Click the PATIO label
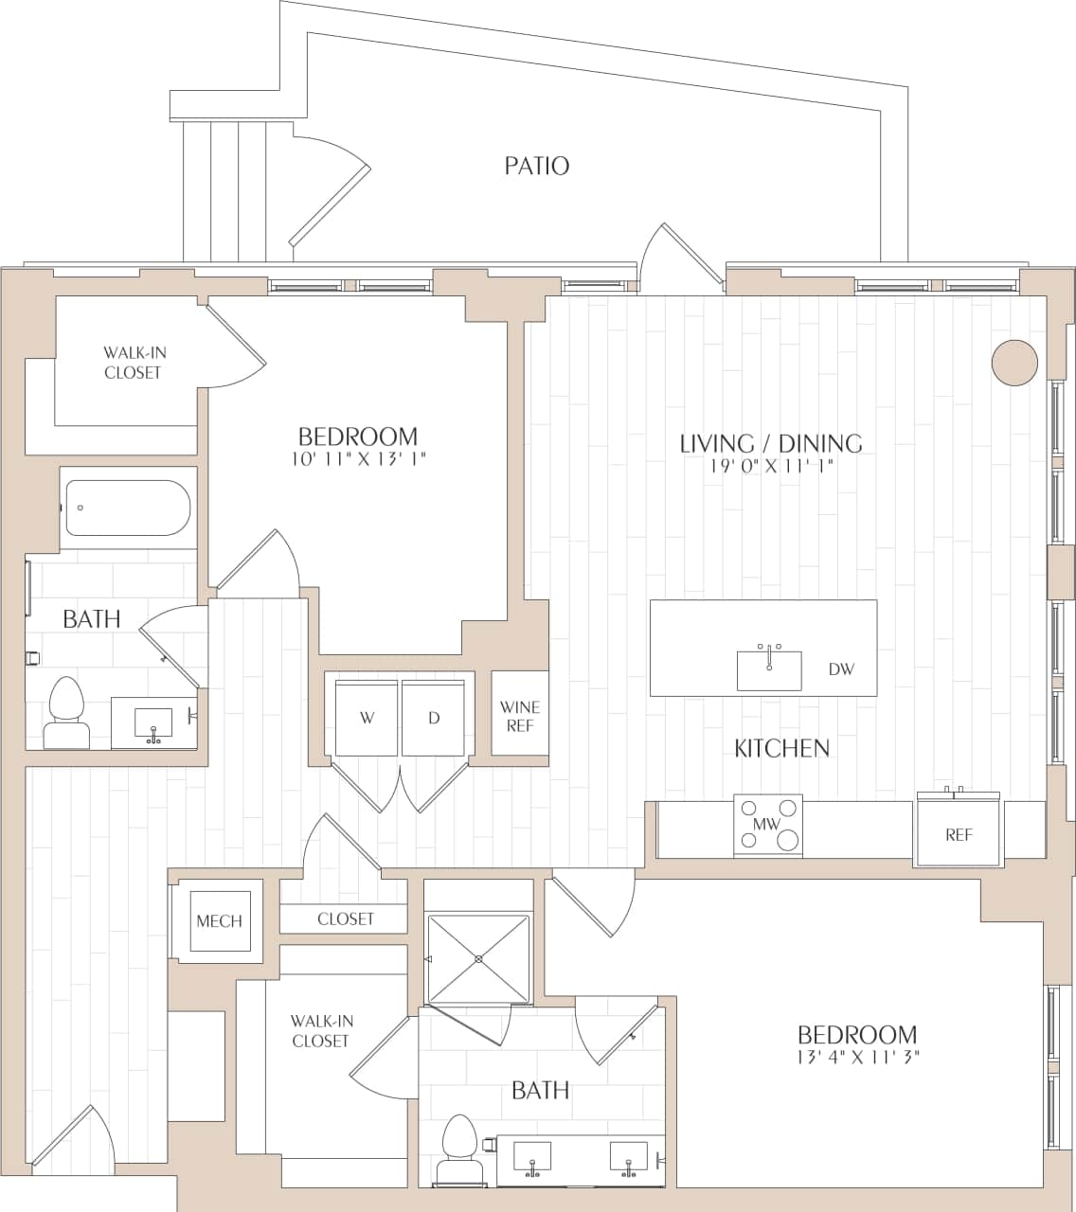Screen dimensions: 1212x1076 536,167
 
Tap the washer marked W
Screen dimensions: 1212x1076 367,718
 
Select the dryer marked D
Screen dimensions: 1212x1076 434,718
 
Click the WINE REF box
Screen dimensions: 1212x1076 520,716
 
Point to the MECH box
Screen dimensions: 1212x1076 219,920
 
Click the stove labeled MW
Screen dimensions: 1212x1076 767,826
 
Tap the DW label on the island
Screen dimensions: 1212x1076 841,669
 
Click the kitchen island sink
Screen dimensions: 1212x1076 769,669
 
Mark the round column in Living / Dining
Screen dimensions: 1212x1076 1014,363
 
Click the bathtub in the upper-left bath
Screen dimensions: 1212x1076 128,508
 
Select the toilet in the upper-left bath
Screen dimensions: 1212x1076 66,713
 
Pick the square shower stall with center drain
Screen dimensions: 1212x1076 478,958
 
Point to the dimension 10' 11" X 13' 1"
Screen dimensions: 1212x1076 357,460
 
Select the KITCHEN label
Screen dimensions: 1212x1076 781,748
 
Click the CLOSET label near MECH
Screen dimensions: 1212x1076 346,918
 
